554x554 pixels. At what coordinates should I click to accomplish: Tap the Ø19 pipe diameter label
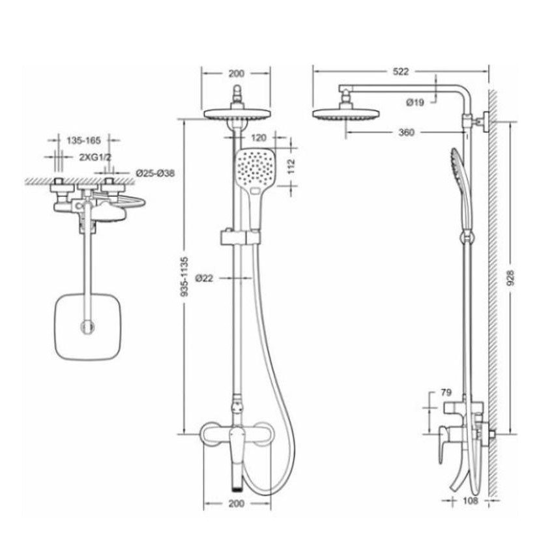tap(415, 102)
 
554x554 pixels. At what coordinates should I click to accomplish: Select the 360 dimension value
tap(405, 133)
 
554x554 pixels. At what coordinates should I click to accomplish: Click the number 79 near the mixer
tap(446, 392)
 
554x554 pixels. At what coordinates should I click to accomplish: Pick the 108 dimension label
tap(471, 501)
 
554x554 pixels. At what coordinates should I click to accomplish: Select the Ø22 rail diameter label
tap(203, 278)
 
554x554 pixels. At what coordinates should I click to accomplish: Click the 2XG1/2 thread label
tap(93, 157)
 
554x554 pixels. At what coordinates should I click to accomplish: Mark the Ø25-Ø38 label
tap(155, 173)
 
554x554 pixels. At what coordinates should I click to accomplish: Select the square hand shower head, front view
tap(254, 168)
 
